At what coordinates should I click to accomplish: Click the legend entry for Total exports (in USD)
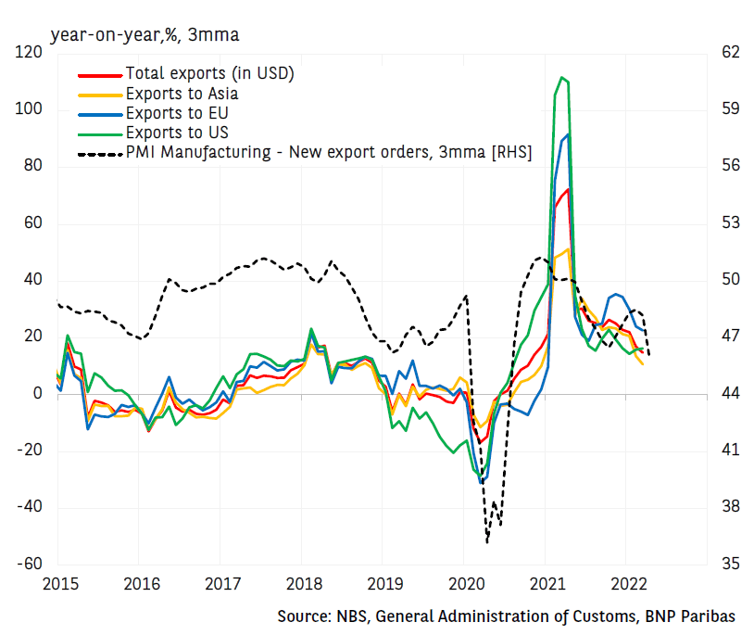coord(209,73)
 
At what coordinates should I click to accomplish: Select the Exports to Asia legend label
coord(182,94)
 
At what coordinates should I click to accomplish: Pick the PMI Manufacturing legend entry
coord(328,153)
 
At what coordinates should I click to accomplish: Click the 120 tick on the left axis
coord(30,53)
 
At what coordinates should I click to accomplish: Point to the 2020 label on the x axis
coord(463,584)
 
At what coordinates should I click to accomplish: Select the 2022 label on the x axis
coord(625,584)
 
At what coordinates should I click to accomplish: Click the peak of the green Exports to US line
coord(561,78)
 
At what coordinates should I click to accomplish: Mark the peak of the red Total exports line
coord(568,190)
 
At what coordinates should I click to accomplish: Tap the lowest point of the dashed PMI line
coord(487,541)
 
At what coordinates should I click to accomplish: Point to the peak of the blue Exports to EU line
coord(568,135)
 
